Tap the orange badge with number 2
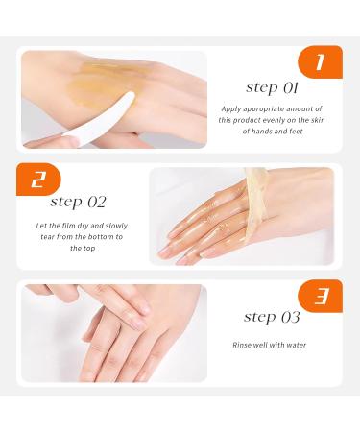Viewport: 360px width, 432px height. tap(37, 180)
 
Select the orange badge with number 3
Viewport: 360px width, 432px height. tap(320, 297)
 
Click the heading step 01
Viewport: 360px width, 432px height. tap(272, 87)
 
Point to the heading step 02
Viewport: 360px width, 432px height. tap(79, 202)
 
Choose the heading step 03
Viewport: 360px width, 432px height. tap(272, 317)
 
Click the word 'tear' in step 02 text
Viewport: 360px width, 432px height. tap(53, 236)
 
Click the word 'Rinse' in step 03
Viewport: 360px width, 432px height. tap(243, 344)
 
